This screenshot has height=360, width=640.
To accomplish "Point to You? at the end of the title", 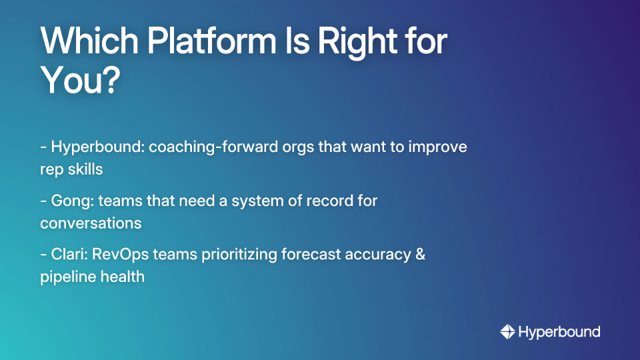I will pos(80,81).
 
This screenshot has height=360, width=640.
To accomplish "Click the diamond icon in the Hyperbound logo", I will pos(507,331).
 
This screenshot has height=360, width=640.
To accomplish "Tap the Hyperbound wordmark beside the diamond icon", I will pos(559,331).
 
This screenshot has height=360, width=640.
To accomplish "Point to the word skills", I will pos(84,169).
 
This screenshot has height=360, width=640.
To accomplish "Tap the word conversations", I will pos(91,222).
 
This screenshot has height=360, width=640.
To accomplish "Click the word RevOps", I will pos(119,254).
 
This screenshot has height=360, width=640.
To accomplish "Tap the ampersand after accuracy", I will pos(419,254).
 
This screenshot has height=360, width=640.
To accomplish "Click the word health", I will pos(122,276).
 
